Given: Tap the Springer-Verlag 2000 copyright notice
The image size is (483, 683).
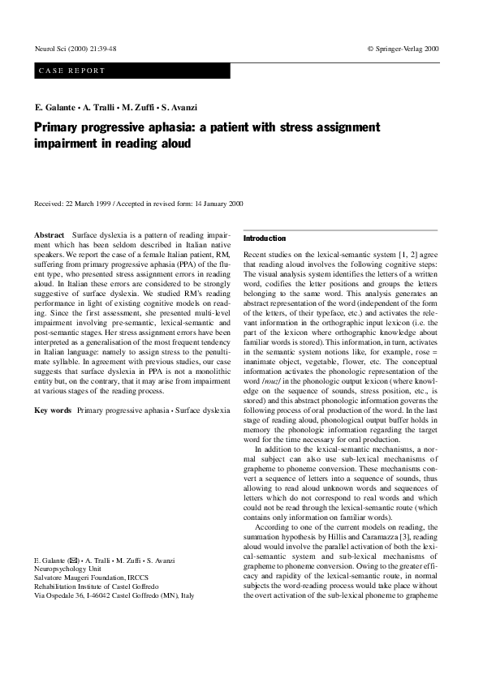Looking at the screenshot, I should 403,49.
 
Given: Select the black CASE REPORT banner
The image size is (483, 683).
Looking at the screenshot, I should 132,71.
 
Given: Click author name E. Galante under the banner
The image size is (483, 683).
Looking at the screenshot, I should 55,108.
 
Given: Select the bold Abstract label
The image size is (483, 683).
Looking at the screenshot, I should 50,234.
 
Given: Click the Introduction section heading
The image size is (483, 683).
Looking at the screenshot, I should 265,238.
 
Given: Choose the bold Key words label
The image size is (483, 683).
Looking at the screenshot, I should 52,410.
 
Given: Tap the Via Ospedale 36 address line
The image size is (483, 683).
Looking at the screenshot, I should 120,595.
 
